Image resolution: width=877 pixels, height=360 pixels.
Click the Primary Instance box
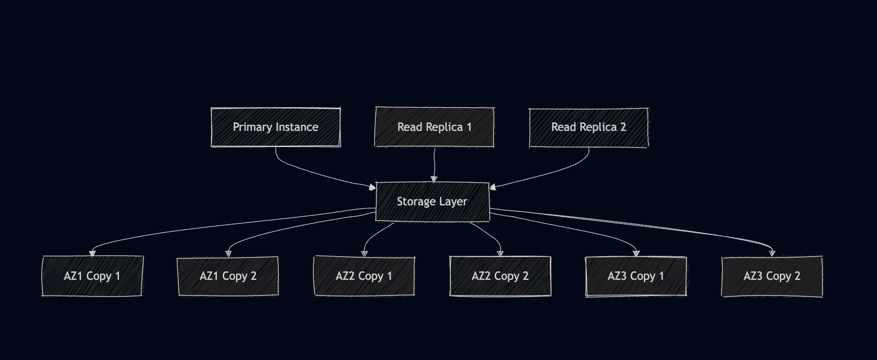(x=275, y=127)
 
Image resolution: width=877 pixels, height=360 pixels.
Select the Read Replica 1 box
(x=434, y=127)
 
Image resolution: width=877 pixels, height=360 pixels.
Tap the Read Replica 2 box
(x=588, y=127)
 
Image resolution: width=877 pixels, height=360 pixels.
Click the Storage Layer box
(x=432, y=202)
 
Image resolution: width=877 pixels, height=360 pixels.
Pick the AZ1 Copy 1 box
(x=92, y=276)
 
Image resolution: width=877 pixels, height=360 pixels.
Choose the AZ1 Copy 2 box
(x=228, y=276)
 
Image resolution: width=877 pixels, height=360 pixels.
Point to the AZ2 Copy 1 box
(x=364, y=276)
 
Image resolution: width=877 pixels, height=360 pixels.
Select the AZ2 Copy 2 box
(x=500, y=276)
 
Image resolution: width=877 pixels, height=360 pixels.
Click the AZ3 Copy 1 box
(x=636, y=276)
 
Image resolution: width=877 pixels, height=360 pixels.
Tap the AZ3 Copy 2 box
(x=772, y=276)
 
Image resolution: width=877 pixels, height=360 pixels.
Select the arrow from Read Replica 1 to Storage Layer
(x=434, y=164)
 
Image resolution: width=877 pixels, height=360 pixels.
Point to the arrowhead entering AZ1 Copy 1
(x=92, y=253)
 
